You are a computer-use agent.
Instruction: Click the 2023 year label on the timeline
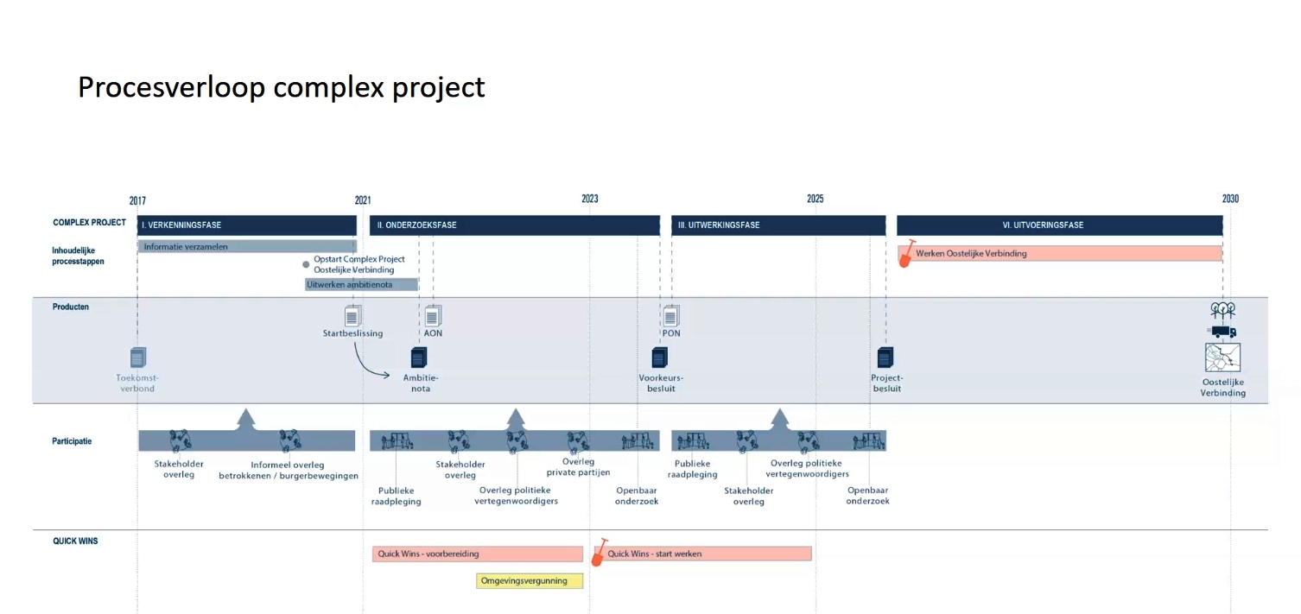coord(589,199)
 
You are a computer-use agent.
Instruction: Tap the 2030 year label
coord(1230,199)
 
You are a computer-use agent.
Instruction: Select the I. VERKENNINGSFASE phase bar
coord(247,225)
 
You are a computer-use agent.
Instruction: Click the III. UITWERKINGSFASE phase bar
coord(778,225)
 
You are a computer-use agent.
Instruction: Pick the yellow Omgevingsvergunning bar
coord(530,581)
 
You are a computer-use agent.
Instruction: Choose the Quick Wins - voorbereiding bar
coord(478,554)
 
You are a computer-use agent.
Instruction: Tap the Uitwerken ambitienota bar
coord(361,284)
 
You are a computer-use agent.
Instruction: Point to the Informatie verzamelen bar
coord(247,247)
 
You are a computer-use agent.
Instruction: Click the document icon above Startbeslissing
coord(352,316)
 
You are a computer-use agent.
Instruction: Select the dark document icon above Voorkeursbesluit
coord(660,357)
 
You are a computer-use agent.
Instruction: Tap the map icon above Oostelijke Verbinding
coord(1222,357)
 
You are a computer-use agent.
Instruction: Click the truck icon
coord(1222,332)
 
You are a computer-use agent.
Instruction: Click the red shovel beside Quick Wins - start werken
coord(599,552)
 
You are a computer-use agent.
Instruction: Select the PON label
coord(671,333)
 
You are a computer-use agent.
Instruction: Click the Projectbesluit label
coord(887,383)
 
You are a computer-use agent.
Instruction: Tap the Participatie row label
coord(72,441)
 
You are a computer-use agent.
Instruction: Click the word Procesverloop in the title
coord(171,87)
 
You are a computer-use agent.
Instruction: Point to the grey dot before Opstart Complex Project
coord(306,264)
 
